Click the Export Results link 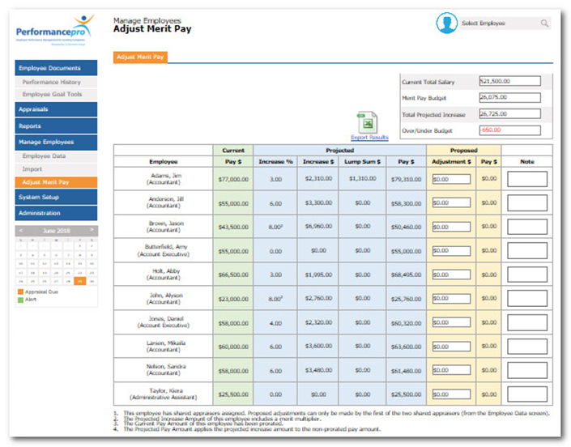[x=369, y=138]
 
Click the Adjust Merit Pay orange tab [x=141, y=57]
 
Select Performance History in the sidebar [x=51, y=82]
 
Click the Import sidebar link [x=32, y=169]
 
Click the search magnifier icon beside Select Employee [x=544, y=23]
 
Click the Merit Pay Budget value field [x=509, y=97]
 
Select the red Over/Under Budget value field [x=509, y=130]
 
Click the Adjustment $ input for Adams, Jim [x=451, y=179]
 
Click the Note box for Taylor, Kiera [x=527, y=394]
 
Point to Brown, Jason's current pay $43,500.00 [x=232, y=227]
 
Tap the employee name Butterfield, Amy [x=164, y=247]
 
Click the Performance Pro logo [x=55, y=31]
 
